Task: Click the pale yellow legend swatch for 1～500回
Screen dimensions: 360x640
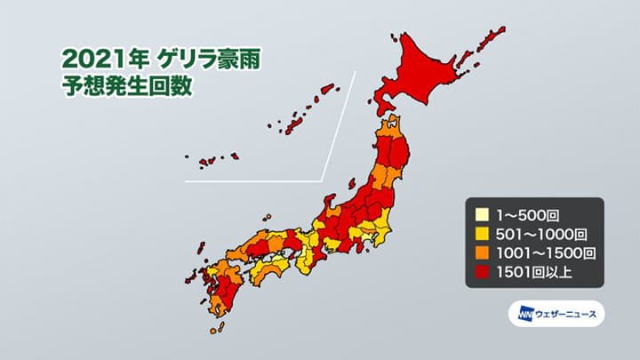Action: tap(480, 214)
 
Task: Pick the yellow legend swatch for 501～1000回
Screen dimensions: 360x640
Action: tap(480, 234)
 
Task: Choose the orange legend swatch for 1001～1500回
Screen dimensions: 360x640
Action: tap(480, 253)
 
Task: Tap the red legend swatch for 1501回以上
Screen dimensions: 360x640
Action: tap(480, 273)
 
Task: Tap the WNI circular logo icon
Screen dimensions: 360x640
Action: tap(519, 314)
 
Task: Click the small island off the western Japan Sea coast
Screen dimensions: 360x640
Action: tap(267, 216)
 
